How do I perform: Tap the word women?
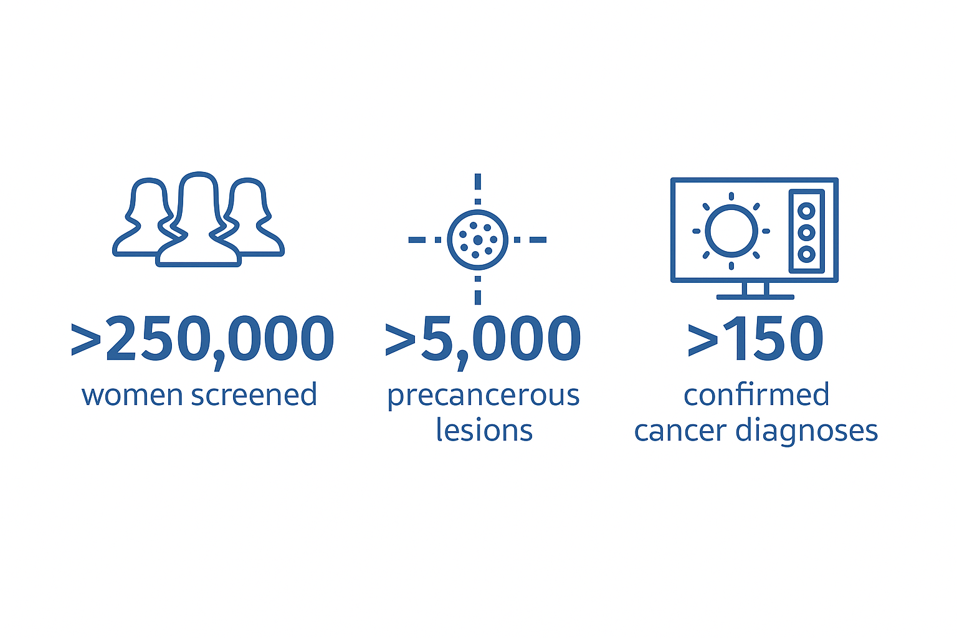coord(132,395)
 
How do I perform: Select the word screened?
coord(254,394)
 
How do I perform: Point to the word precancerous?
coord(483,396)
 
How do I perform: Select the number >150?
coord(755,338)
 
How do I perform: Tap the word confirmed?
coord(756,394)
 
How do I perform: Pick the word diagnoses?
coord(807,432)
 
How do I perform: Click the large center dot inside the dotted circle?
coord(478,240)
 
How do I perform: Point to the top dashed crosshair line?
coord(478,189)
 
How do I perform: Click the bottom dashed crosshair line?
coord(478,290)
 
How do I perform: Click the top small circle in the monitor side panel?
coord(806,211)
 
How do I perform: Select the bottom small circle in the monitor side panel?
coord(806,255)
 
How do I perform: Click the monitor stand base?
coord(755,297)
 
